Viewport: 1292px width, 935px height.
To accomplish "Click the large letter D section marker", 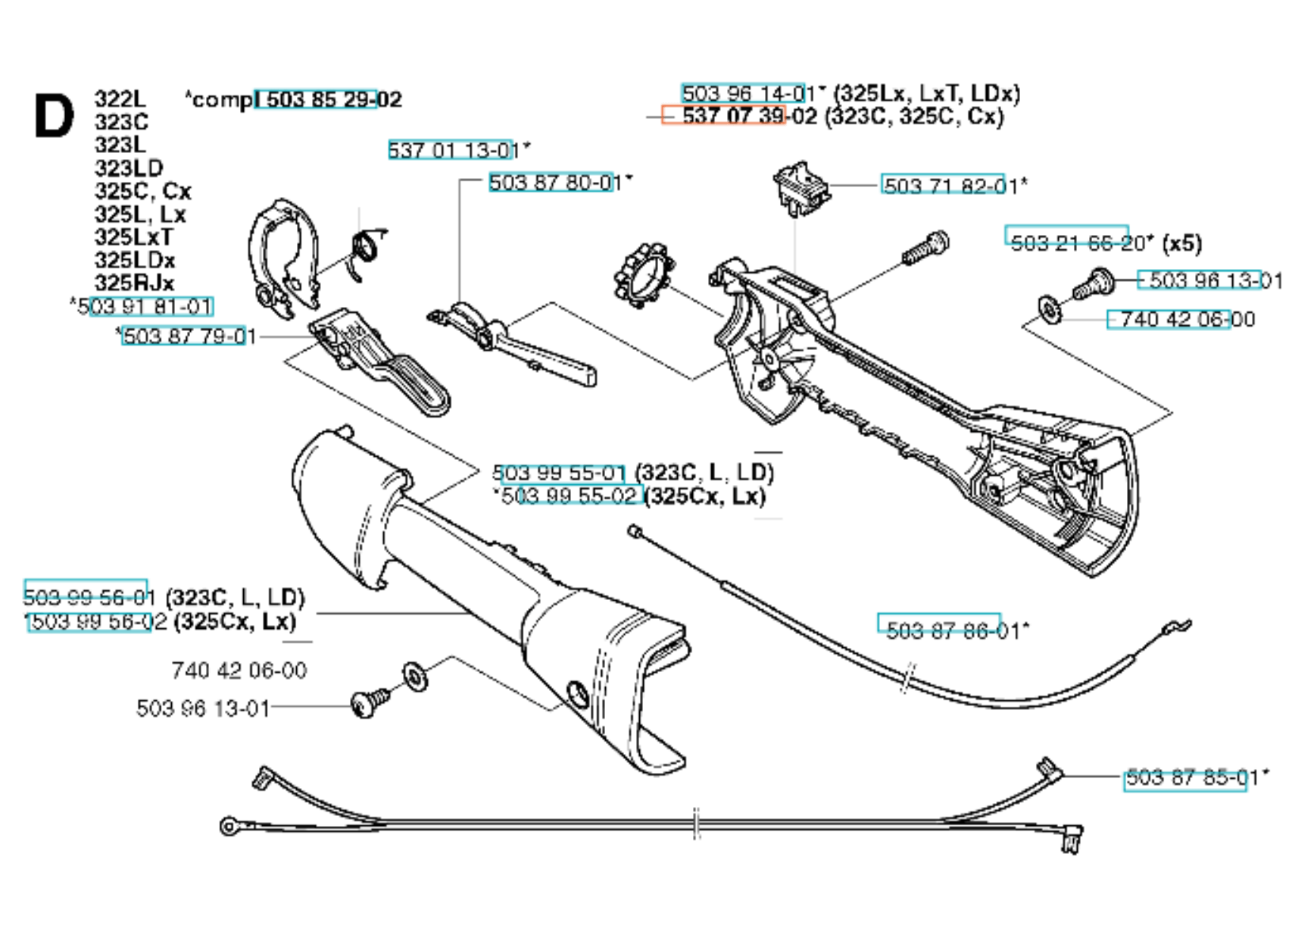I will tap(54, 117).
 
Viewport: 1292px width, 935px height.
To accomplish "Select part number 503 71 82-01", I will tap(950, 186).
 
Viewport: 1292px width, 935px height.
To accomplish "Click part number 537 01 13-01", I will tap(454, 150).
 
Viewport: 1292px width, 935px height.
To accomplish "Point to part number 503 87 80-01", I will tap(555, 183).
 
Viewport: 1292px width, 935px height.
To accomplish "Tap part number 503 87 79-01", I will tap(189, 336).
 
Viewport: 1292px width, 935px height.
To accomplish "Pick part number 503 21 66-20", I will tap(1075, 242).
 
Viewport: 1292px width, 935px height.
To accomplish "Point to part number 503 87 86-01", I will tap(952, 630).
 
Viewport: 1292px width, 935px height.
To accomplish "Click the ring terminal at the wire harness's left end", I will tap(228, 826).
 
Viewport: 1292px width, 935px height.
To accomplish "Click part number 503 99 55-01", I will tap(559, 474).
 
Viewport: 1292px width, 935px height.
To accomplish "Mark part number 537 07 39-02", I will tap(748, 116).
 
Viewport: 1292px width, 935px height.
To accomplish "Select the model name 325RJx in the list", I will tap(134, 283).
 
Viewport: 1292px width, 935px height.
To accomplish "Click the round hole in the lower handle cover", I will tap(577, 692).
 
